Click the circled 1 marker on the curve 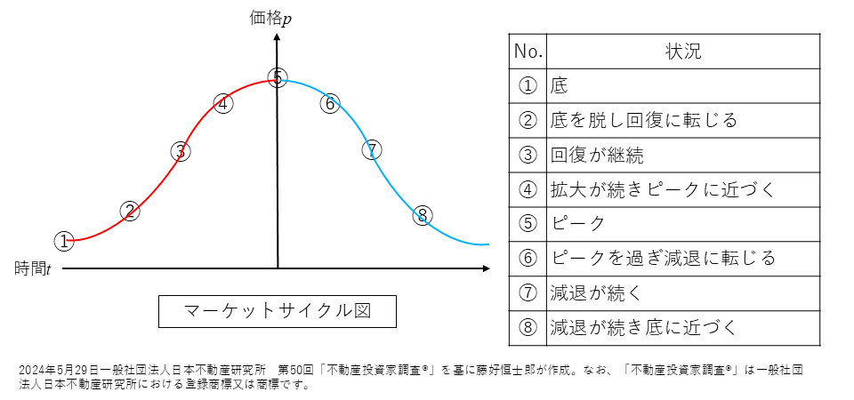(x=63, y=241)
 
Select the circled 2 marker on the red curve (x=130, y=211)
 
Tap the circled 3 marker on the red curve (x=181, y=151)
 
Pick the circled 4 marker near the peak (x=223, y=103)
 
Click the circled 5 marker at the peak (x=278, y=78)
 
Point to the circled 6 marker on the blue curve (x=329, y=103)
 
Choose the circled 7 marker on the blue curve (x=372, y=149)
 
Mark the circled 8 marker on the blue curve (x=423, y=215)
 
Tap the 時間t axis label (x=33, y=268)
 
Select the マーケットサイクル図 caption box (x=277, y=311)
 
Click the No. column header (x=528, y=51)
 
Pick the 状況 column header (x=683, y=51)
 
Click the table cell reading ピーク (x=578, y=223)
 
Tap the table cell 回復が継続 (x=597, y=155)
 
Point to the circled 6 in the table (x=528, y=258)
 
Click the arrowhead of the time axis (x=485, y=268)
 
